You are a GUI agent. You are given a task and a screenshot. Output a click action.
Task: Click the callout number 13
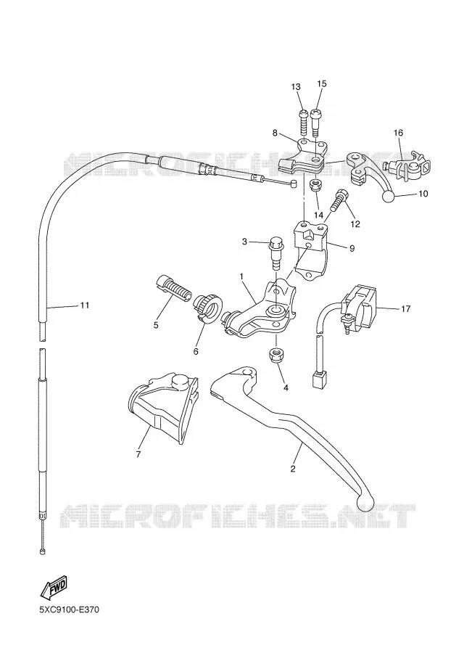click(296, 87)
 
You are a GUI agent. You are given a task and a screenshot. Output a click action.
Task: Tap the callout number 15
click(322, 83)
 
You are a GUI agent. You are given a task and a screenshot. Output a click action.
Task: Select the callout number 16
click(398, 133)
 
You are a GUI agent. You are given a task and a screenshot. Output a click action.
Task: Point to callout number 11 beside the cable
click(85, 305)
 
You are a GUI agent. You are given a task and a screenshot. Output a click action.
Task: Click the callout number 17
click(406, 308)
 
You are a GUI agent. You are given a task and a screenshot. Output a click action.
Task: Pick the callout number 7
click(138, 454)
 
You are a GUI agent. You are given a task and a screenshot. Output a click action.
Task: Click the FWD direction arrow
click(54, 588)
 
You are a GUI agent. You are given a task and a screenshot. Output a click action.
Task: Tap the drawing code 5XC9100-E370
click(69, 610)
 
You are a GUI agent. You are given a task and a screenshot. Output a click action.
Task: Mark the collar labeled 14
click(316, 185)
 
